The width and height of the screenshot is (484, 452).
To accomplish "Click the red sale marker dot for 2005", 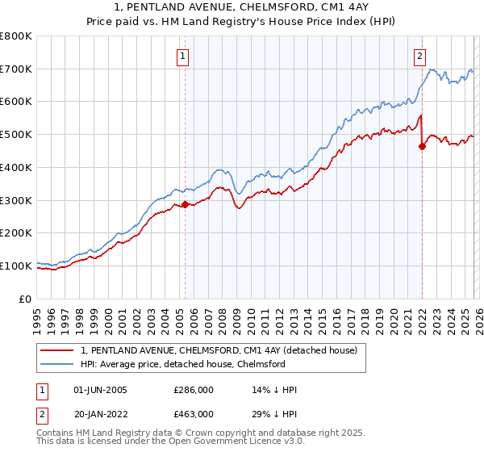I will pyautogui.click(x=185, y=204).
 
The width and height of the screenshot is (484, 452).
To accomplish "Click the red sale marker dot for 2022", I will pyautogui.click(x=422, y=146).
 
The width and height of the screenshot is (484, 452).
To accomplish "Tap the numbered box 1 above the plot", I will pyautogui.click(x=184, y=56).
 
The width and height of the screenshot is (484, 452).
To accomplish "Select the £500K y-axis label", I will pyautogui.click(x=16, y=135).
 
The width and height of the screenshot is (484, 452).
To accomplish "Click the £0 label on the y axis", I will pyautogui.click(x=27, y=299).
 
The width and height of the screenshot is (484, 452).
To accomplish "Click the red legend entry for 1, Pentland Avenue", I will pyautogui.click(x=223, y=350).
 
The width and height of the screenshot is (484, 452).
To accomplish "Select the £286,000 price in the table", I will pyautogui.click(x=194, y=390).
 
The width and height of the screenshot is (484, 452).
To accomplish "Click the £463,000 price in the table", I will pyautogui.click(x=194, y=413).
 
